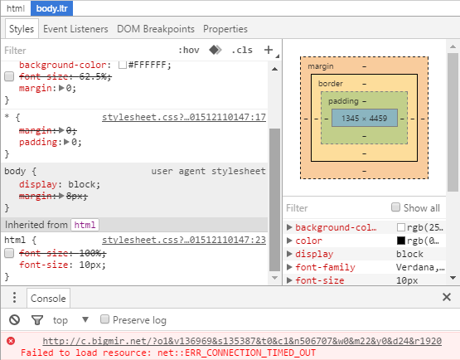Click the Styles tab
pyautogui.click(x=22, y=29)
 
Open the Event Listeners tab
pyautogui.click(x=75, y=29)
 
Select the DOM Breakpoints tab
pyautogui.click(x=156, y=29)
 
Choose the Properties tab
pyautogui.click(x=225, y=29)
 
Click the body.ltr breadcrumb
pyautogui.click(x=51, y=8)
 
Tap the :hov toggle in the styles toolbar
pyautogui.click(x=189, y=50)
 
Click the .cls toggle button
pyautogui.click(x=242, y=50)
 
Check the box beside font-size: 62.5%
pyautogui.click(x=9, y=76)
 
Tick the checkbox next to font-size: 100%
pyautogui.click(x=9, y=253)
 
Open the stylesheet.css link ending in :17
pyautogui.click(x=184, y=117)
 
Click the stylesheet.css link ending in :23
pyautogui.click(x=184, y=240)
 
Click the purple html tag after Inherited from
pyautogui.click(x=85, y=225)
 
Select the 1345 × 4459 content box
pyautogui.click(x=365, y=118)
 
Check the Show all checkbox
pyautogui.click(x=395, y=207)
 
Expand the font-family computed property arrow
pyautogui.click(x=289, y=267)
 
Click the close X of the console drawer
pyautogui.click(x=447, y=297)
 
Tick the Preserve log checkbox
pyautogui.click(x=104, y=319)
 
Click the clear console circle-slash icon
pyautogui.click(x=14, y=320)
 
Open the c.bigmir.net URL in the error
pyautogui.click(x=242, y=341)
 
